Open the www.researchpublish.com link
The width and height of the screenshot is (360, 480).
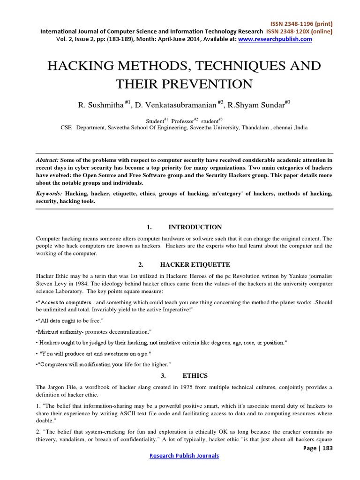[275, 39]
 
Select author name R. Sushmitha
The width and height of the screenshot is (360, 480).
[100, 105]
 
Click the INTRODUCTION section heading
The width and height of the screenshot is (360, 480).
[195, 227]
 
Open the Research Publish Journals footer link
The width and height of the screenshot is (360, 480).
[183, 455]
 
